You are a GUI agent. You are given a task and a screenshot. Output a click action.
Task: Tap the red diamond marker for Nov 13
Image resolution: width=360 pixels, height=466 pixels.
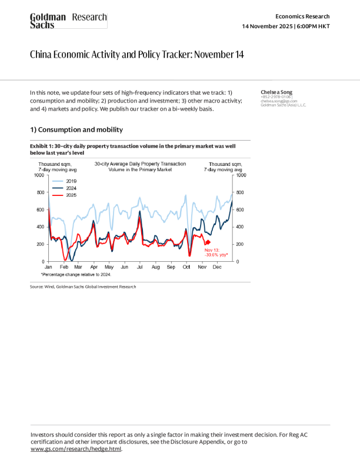pos(207,242)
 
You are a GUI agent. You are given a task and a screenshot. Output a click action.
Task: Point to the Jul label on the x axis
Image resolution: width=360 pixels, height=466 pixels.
pos(139,267)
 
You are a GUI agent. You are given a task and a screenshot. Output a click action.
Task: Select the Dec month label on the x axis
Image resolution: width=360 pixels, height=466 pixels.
pos(216,267)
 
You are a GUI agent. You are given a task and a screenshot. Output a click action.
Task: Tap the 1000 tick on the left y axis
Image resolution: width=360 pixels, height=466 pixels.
pos(39,175)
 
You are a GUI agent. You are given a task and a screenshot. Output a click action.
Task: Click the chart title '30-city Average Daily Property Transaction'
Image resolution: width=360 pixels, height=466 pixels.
pos(140,163)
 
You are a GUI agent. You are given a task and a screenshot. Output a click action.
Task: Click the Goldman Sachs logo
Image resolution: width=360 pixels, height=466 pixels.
pos(48,21)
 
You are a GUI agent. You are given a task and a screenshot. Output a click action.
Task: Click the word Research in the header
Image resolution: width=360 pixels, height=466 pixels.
pos(89,18)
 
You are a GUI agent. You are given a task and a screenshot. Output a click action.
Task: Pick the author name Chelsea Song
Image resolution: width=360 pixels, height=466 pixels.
pos(276,92)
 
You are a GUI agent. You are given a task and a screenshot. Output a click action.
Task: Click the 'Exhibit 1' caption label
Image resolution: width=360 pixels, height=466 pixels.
pos(41,145)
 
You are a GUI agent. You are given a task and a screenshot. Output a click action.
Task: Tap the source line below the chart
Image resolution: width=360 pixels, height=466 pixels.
pos(83,287)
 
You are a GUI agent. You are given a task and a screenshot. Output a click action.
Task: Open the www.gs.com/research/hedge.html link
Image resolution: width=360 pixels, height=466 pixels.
pos(76,449)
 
